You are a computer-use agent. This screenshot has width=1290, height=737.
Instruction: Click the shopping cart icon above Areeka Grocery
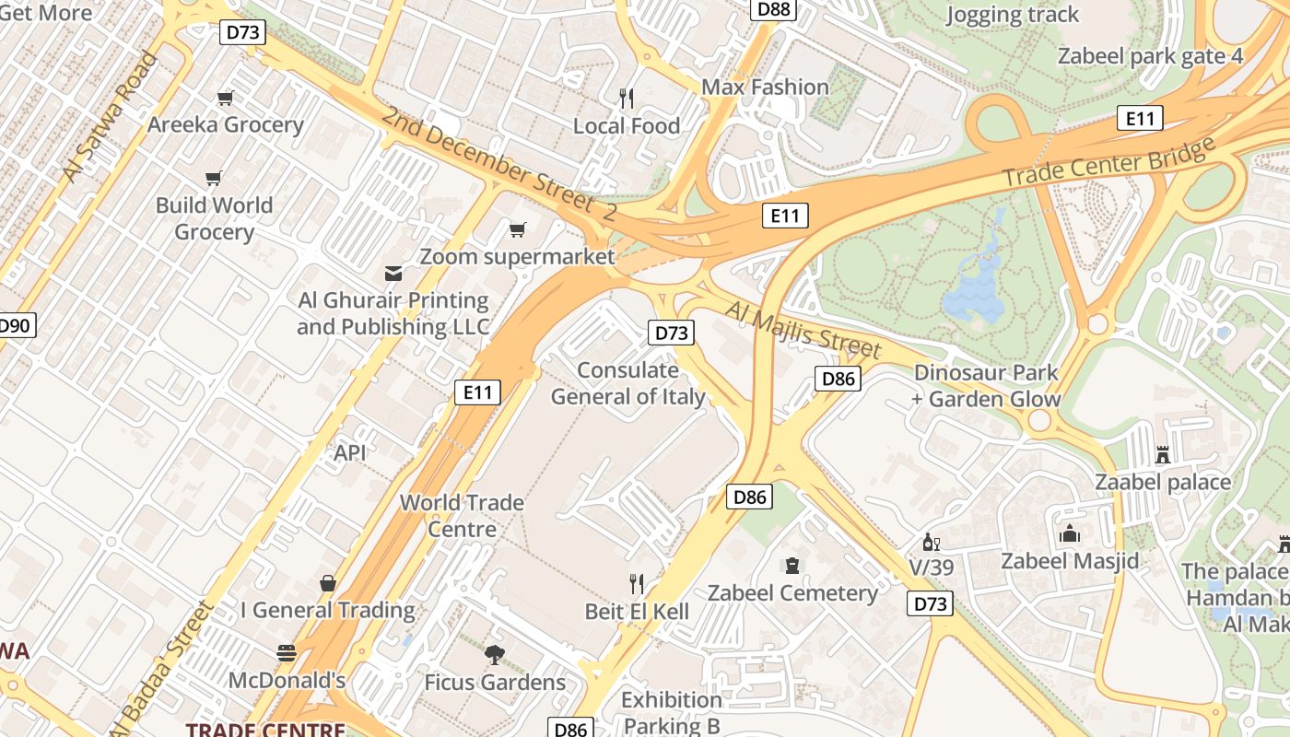225,98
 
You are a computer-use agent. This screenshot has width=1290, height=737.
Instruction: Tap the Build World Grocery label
214,218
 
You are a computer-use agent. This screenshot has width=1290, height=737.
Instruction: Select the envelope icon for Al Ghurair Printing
393,273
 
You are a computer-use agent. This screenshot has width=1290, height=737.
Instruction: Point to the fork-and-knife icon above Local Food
627,98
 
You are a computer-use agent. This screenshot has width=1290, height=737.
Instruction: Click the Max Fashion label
765,88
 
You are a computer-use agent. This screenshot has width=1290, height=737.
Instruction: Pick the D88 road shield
773,9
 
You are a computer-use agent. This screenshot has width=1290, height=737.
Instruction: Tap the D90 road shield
15,324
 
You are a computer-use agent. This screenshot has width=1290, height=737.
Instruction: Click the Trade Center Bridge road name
1108,164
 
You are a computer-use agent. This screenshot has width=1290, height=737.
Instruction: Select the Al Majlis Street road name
803,329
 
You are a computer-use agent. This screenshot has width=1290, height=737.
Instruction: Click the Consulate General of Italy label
640,383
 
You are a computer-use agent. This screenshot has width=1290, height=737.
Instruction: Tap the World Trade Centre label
462,516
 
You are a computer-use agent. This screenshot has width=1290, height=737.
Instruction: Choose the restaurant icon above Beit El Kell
636,583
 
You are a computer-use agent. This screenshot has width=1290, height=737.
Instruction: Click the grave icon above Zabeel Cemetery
792,565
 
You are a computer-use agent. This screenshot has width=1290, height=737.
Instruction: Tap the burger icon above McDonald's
287,653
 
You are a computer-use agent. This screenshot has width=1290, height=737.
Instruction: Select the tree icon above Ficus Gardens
495,655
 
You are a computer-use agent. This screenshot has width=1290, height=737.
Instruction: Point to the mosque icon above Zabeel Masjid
1069,533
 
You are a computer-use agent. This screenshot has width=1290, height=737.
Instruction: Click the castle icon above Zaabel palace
1163,454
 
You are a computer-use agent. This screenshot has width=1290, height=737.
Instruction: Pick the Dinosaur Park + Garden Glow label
985,386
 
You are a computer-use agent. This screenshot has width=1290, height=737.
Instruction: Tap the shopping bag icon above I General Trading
327,583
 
